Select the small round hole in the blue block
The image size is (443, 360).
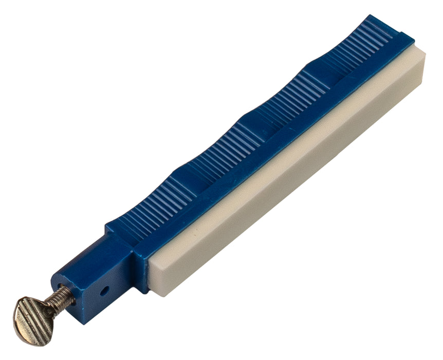point(105,290)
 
